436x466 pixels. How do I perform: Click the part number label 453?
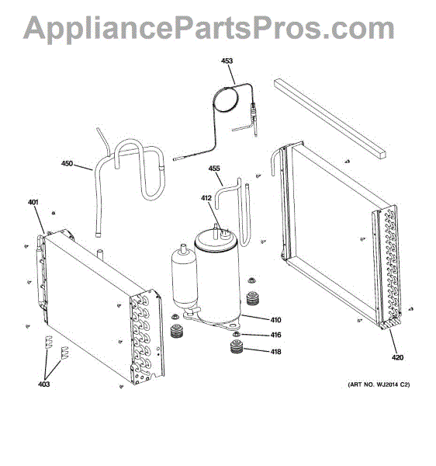[227, 61]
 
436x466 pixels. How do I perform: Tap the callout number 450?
[67, 163]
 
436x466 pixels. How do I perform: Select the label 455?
[214, 169]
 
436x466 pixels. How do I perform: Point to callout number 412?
[206, 198]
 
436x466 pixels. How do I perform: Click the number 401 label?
[33, 202]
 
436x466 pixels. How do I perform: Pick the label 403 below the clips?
[43, 384]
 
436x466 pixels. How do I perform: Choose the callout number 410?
[275, 320]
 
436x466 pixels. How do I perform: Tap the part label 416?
[275, 335]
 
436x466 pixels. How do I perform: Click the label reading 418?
[275, 352]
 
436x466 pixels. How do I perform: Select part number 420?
[397, 357]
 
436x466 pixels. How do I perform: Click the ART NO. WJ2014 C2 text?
[379, 384]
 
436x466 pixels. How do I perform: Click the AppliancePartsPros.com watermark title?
[209, 28]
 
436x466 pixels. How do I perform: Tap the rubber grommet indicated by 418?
[237, 347]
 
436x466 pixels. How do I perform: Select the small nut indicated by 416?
[237, 334]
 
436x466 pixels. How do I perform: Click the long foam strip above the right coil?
[330, 119]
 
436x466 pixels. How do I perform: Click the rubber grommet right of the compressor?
[253, 298]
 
